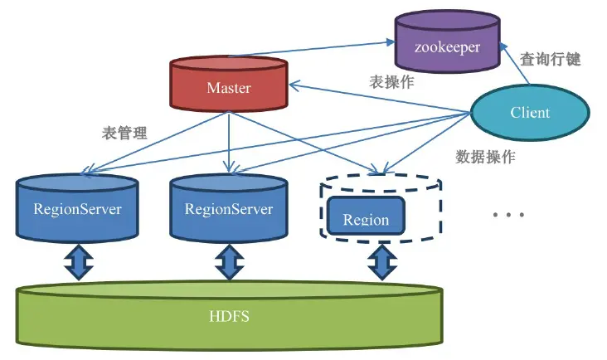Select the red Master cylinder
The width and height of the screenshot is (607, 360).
228,87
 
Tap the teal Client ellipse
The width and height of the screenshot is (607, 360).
530,112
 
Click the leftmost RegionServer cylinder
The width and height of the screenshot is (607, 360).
76,208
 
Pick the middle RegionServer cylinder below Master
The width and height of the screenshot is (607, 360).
228,208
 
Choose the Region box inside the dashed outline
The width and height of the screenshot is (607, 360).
366,218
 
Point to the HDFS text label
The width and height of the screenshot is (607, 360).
230,317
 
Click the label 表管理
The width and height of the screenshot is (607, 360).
124,133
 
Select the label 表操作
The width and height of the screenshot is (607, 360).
391,83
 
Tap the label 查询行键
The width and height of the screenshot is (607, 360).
550,60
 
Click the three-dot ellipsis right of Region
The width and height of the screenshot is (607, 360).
508,216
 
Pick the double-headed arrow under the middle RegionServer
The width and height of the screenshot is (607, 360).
228,263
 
